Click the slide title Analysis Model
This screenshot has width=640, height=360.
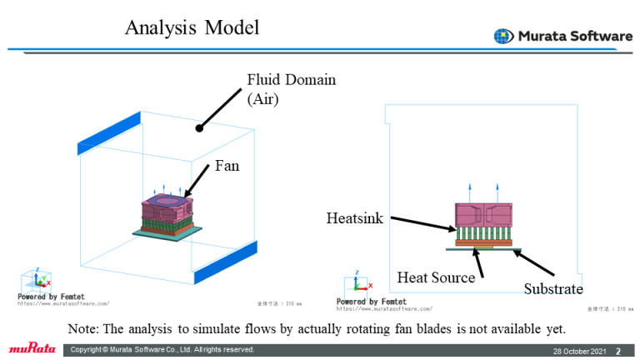click(192, 27)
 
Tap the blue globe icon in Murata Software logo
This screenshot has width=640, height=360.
click(503, 36)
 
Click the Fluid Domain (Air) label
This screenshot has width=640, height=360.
click(291, 89)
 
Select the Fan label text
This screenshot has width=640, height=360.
click(227, 166)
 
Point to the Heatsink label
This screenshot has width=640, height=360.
click(354, 218)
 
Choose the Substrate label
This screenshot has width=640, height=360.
click(553, 289)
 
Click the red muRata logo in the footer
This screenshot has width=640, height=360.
click(31, 348)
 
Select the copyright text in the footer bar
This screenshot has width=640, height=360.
click(162, 349)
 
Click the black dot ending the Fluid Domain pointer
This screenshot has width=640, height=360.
click(199, 128)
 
